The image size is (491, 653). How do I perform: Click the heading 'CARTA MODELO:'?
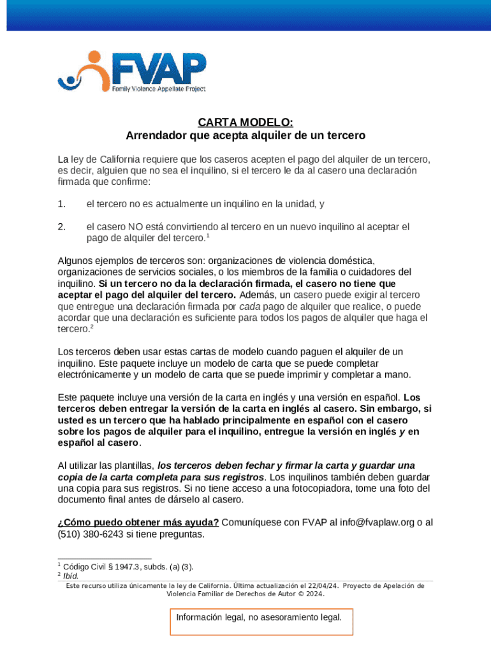coord(245,122)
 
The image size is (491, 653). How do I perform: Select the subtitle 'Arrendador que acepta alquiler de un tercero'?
coord(245,135)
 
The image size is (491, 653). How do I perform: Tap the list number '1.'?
coord(61,204)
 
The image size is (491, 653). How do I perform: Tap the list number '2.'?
coord(61,226)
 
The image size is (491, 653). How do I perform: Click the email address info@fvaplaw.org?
coord(369,522)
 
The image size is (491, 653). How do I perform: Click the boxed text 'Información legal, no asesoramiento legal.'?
coord(259,617)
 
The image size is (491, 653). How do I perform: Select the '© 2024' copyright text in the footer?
coord(311,594)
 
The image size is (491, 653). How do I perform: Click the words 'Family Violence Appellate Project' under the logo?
coord(159,90)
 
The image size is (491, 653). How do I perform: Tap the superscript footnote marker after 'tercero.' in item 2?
coord(208,236)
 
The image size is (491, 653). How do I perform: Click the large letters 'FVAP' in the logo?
coord(159,68)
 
